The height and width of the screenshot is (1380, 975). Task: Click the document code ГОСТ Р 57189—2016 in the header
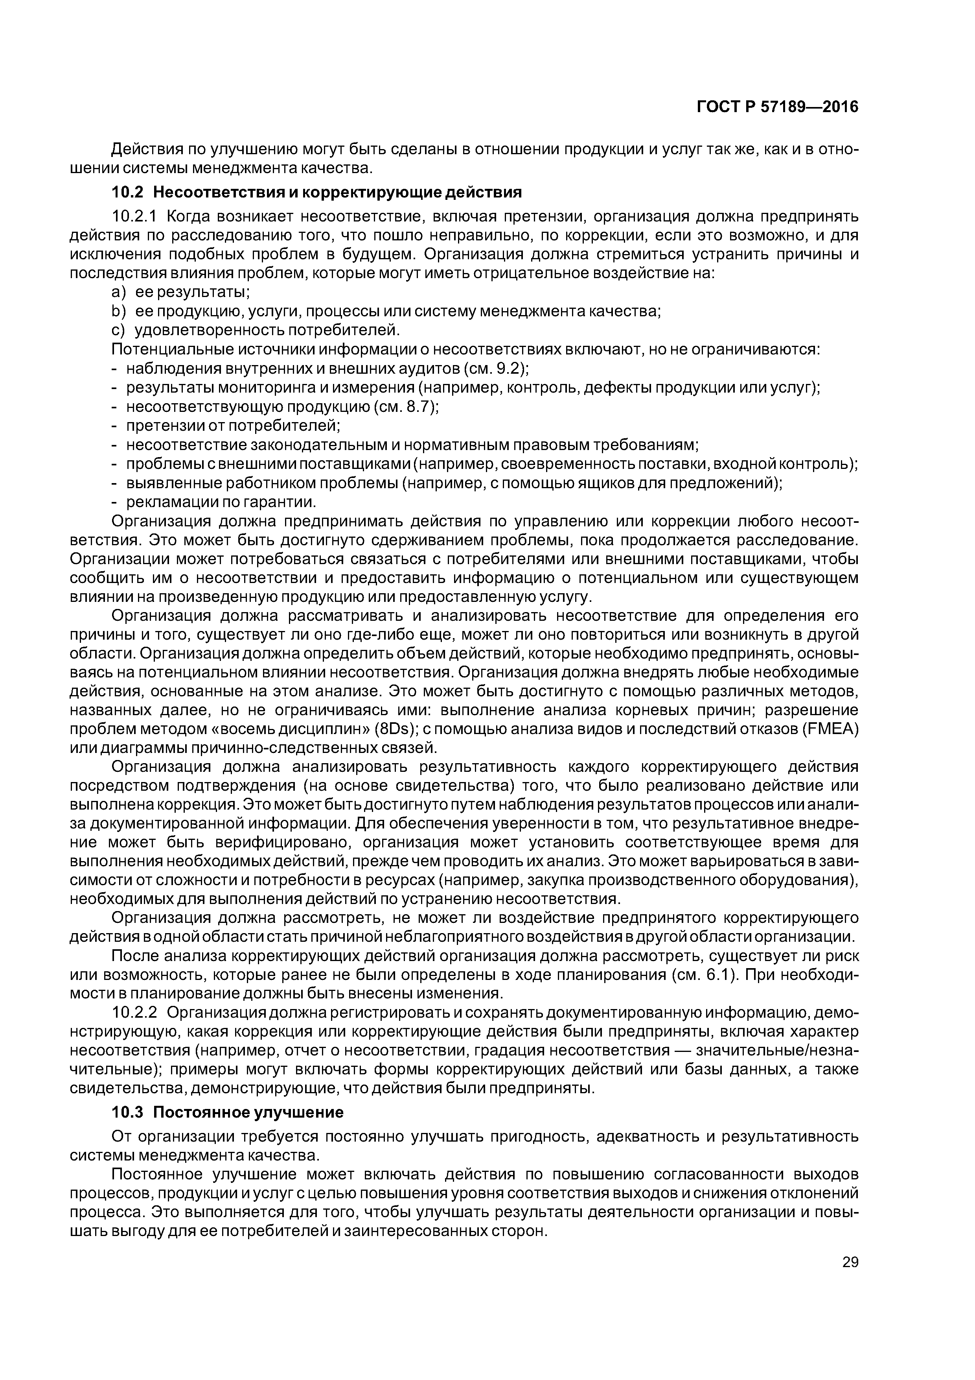[777, 107]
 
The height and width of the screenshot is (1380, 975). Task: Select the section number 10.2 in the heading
[129, 192]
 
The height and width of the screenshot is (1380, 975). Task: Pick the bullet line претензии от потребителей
[233, 426]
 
